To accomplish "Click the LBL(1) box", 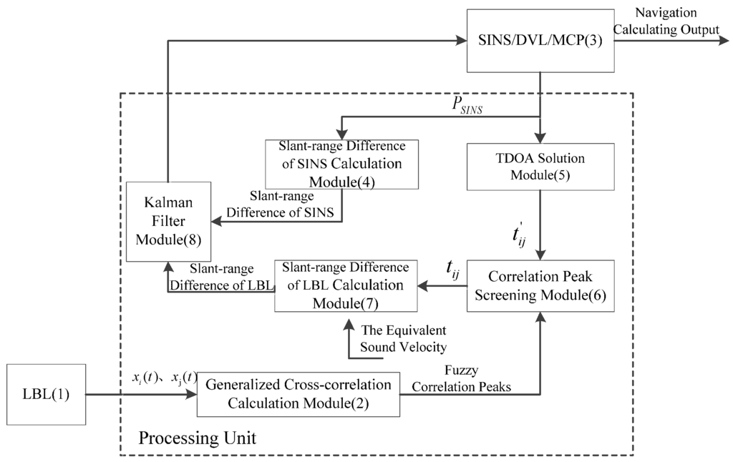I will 47,393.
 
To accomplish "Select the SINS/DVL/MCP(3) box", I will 538,41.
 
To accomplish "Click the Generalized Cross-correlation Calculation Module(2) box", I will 298,393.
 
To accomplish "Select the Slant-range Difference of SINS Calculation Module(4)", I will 341,164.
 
